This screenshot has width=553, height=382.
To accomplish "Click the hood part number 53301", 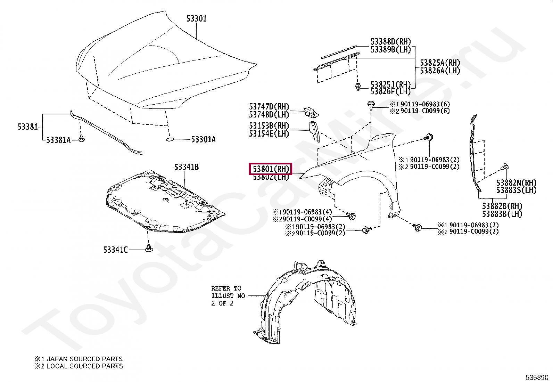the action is click(196, 18).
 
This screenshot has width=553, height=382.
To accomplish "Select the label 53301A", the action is click(203, 140).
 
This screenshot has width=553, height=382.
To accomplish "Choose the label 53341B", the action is click(187, 167).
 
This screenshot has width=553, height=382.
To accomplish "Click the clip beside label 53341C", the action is click(149, 249).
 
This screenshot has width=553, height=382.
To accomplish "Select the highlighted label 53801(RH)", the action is click(271, 169).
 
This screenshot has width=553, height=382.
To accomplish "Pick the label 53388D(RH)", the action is click(390, 42).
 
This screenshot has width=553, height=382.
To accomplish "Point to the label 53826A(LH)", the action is click(440, 71).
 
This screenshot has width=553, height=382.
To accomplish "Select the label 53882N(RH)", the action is click(516, 183).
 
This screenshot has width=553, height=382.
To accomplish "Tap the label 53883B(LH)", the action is click(502, 214).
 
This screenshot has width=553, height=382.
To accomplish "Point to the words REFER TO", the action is click(226, 288).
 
